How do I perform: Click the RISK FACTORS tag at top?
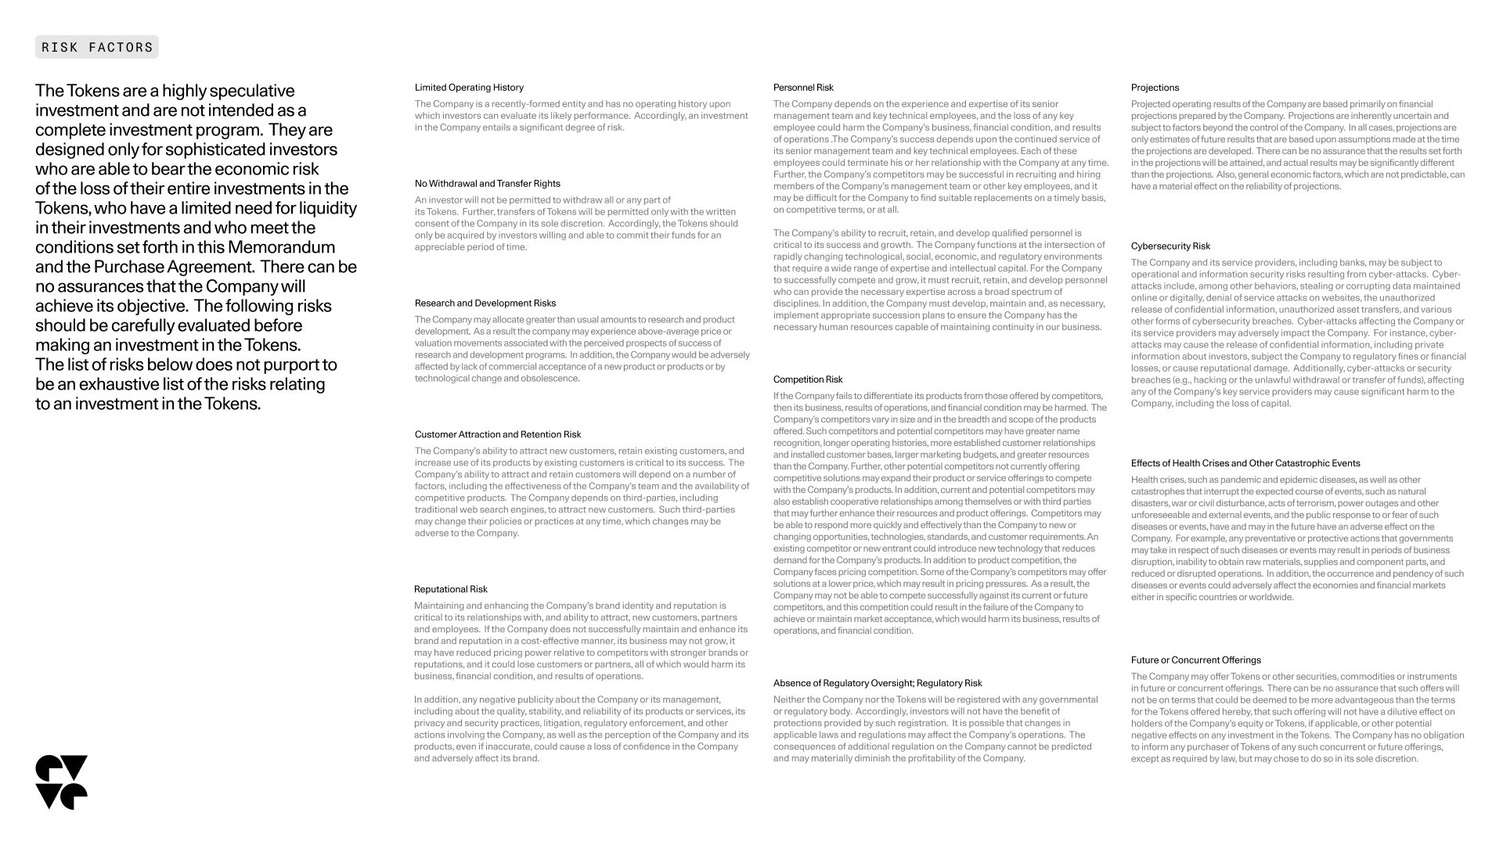[x=97, y=47]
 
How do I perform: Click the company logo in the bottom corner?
[x=62, y=782]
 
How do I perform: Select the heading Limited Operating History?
[x=469, y=88]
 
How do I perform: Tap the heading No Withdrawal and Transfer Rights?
[x=488, y=184]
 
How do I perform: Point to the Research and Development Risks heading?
[x=485, y=304]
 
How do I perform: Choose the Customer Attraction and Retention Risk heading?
[x=498, y=435]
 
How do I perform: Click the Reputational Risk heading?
[x=451, y=590]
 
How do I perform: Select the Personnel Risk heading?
[x=803, y=88]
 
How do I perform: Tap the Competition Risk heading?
[x=808, y=380]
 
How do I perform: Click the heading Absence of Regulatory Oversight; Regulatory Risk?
[x=878, y=684]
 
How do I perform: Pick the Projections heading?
[x=1155, y=88]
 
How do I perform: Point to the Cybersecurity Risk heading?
[x=1170, y=246]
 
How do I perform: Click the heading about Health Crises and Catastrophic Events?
[x=1245, y=464]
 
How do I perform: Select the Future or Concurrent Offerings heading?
[x=1195, y=660]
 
